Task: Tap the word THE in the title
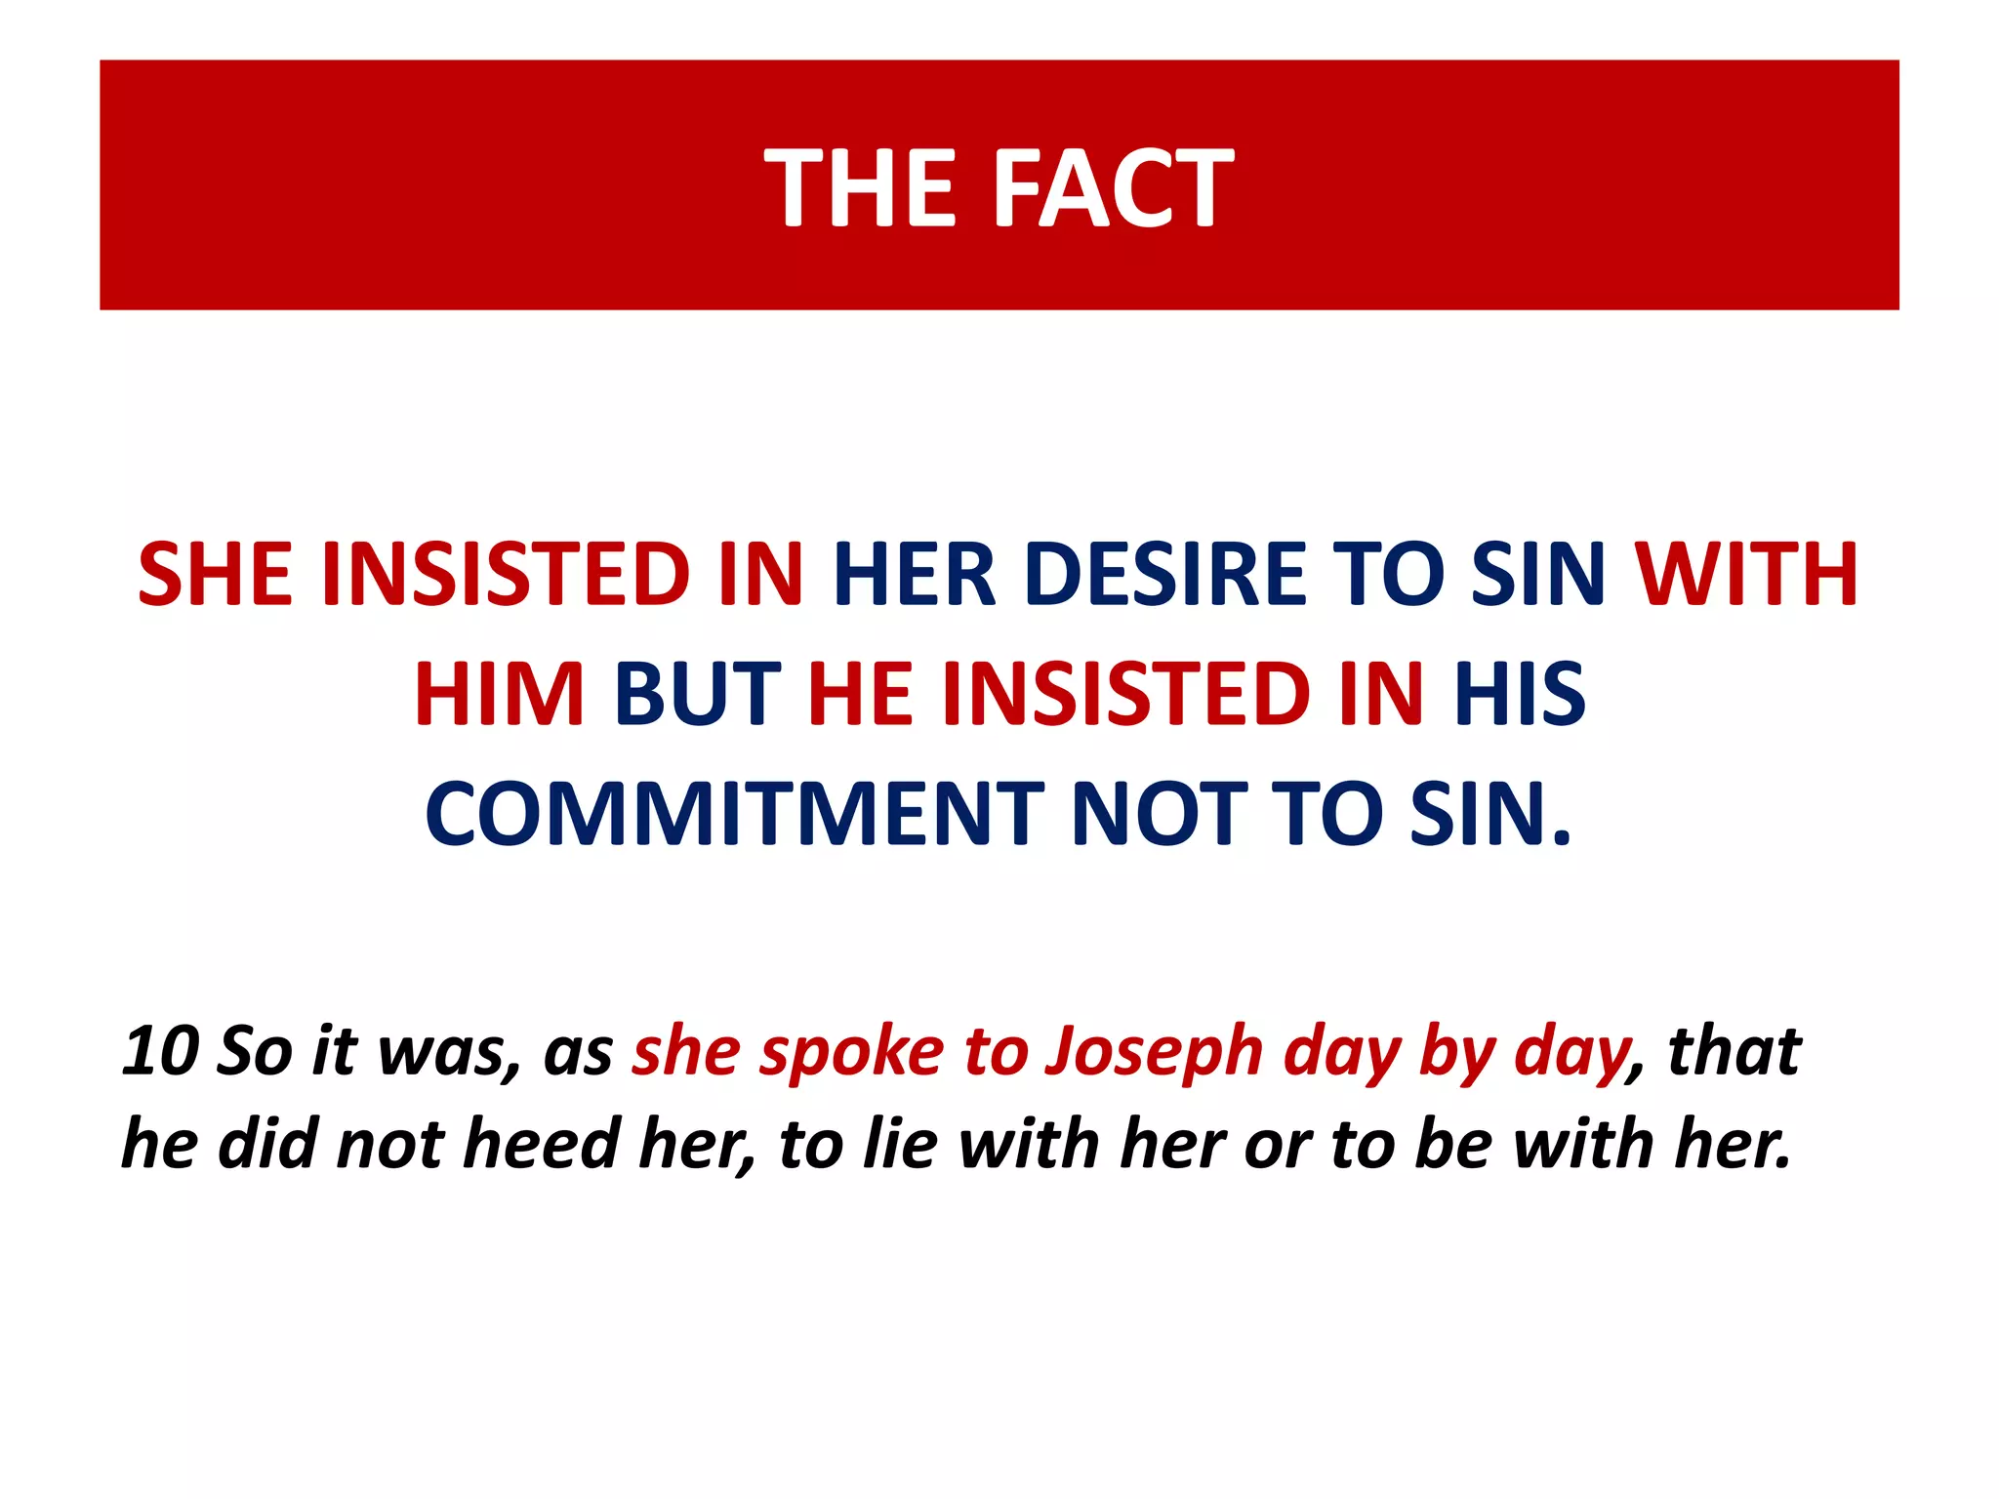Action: tap(860, 187)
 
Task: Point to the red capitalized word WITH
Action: tap(1746, 574)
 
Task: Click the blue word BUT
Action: tap(698, 694)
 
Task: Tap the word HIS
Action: tap(1519, 694)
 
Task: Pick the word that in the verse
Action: tap(1734, 1052)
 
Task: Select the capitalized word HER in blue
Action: tap(914, 574)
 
